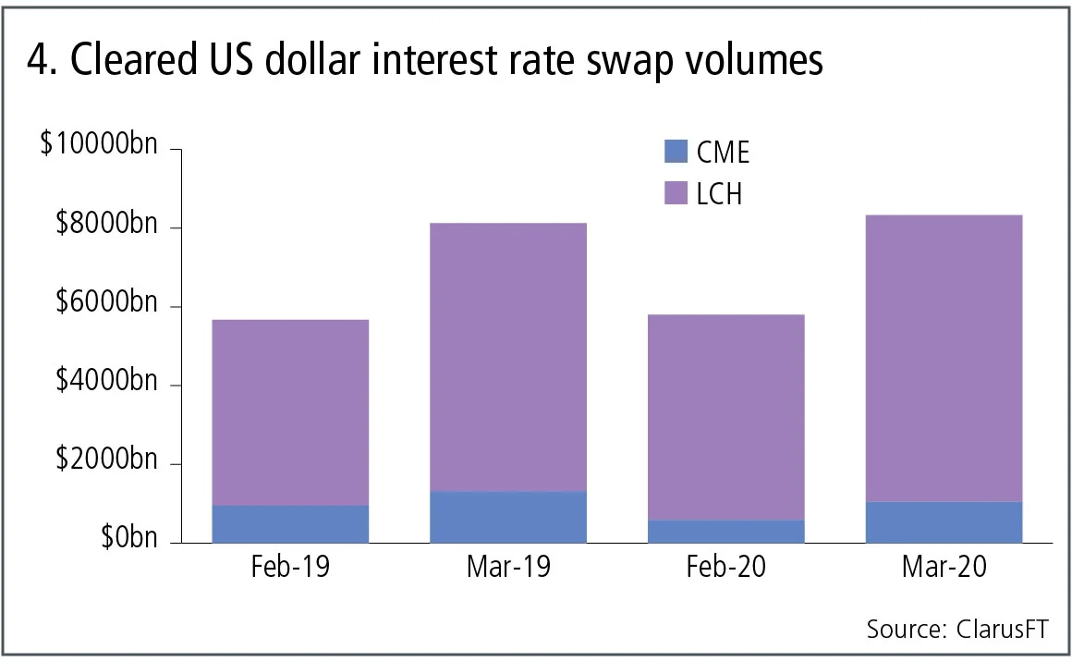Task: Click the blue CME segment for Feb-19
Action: pos(290,523)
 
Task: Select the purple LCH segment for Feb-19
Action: pos(290,412)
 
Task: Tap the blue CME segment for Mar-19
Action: pos(507,517)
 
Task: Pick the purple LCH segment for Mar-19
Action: pos(507,357)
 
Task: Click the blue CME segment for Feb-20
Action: pos(725,531)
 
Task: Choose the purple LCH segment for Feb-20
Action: pos(725,417)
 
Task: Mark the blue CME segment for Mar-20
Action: pos(944,521)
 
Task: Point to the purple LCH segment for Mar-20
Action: pos(944,358)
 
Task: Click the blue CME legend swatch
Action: pos(676,152)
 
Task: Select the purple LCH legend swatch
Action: pos(676,193)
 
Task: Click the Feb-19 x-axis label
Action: pos(290,567)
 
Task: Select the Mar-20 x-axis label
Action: pos(944,567)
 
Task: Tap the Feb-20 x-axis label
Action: pos(725,567)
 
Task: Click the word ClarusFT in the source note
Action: pos(1002,630)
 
